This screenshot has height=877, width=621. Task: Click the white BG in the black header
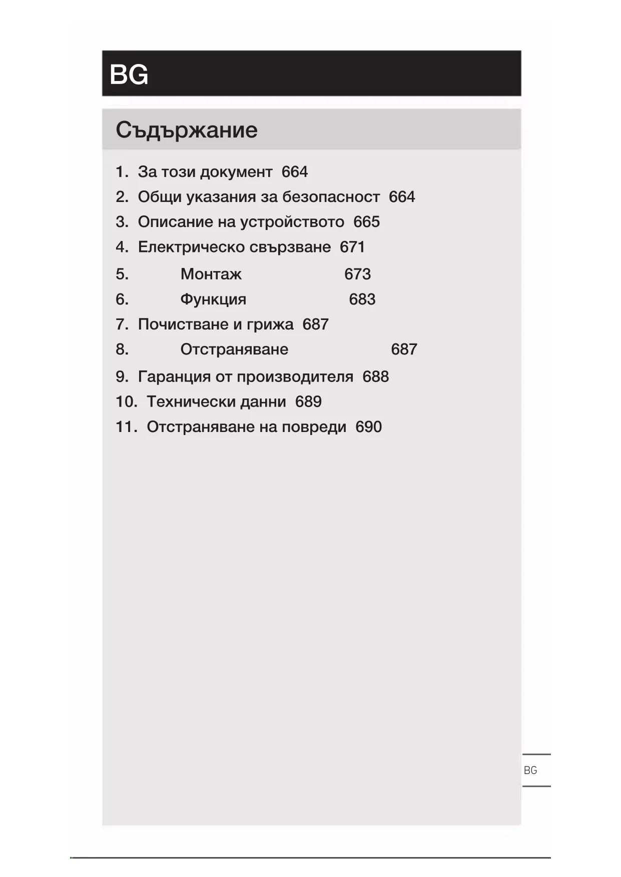129,74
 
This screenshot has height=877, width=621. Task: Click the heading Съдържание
187,130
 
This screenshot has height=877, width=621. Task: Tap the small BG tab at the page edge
530,770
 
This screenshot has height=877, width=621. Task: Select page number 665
366,222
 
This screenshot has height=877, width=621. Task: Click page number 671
352,247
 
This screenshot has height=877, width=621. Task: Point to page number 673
357,274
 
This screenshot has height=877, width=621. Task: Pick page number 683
362,299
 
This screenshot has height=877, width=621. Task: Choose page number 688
375,376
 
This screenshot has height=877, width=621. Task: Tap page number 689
308,402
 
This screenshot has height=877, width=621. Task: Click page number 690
368,427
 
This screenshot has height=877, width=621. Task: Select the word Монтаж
211,274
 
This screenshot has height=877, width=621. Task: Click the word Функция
213,299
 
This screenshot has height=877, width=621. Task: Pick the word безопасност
331,197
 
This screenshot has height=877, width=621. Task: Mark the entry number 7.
122,324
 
